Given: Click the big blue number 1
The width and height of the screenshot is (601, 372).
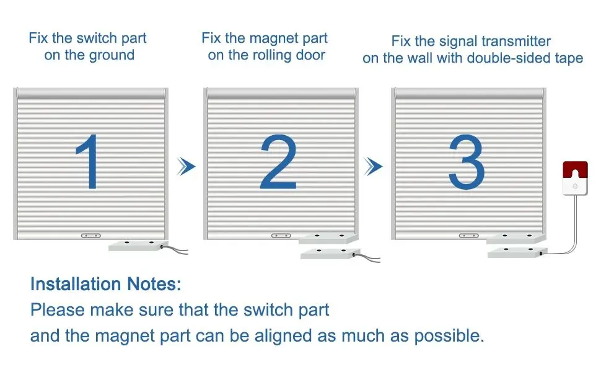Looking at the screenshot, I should pyautogui.click(x=89, y=162).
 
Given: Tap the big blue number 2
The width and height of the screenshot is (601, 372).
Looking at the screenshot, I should pyautogui.click(x=279, y=162).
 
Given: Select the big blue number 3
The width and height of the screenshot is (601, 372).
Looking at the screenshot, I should pyautogui.click(x=465, y=162).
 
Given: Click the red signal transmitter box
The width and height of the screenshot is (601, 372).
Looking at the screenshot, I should pyautogui.click(x=574, y=178).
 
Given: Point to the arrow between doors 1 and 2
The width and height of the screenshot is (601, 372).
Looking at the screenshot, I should pyautogui.click(x=186, y=166).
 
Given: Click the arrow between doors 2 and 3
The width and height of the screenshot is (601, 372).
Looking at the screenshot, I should pyautogui.click(x=373, y=166).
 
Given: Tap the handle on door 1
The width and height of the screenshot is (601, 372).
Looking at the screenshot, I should pyautogui.click(x=91, y=236).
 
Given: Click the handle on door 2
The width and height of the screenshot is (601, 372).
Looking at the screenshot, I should pyautogui.click(x=281, y=236).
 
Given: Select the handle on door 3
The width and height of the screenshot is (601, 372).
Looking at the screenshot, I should pyautogui.click(x=468, y=236).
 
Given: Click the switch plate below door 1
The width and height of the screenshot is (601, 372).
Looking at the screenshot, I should pyautogui.click(x=138, y=246).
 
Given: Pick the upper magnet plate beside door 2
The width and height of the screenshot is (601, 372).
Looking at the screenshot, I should pyautogui.click(x=328, y=237).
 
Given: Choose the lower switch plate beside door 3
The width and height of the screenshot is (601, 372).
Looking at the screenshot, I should pyautogui.click(x=516, y=251).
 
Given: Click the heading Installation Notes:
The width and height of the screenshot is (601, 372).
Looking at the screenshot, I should pyautogui.click(x=106, y=285).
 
